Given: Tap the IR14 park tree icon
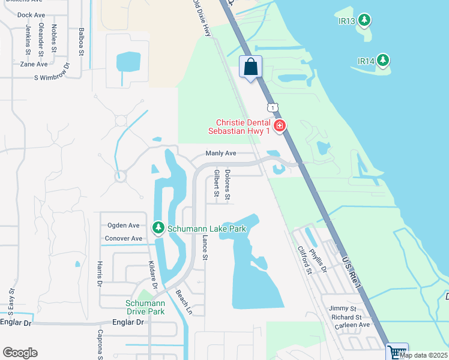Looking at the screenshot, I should [x=382, y=61].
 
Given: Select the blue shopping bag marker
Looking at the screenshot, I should [x=251, y=66].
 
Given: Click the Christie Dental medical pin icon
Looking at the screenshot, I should [x=279, y=125].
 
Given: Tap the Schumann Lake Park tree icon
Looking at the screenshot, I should [x=158, y=228].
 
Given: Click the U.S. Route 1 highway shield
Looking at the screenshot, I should [x=274, y=107].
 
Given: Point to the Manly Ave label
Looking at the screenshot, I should [x=221, y=154].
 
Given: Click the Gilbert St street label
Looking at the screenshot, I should [x=216, y=183].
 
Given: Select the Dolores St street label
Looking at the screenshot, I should [x=228, y=184].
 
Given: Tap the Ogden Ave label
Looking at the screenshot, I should [x=123, y=226].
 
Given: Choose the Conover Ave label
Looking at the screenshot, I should [x=124, y=238].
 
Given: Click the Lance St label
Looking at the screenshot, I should [x=205, y=247].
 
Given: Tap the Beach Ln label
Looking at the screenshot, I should [x=183, y=303].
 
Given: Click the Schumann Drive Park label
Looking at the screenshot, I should [x=145, y=307].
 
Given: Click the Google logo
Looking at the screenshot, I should [x=20, y=353].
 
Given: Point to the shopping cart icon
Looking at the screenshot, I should [x=396, y=352].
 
